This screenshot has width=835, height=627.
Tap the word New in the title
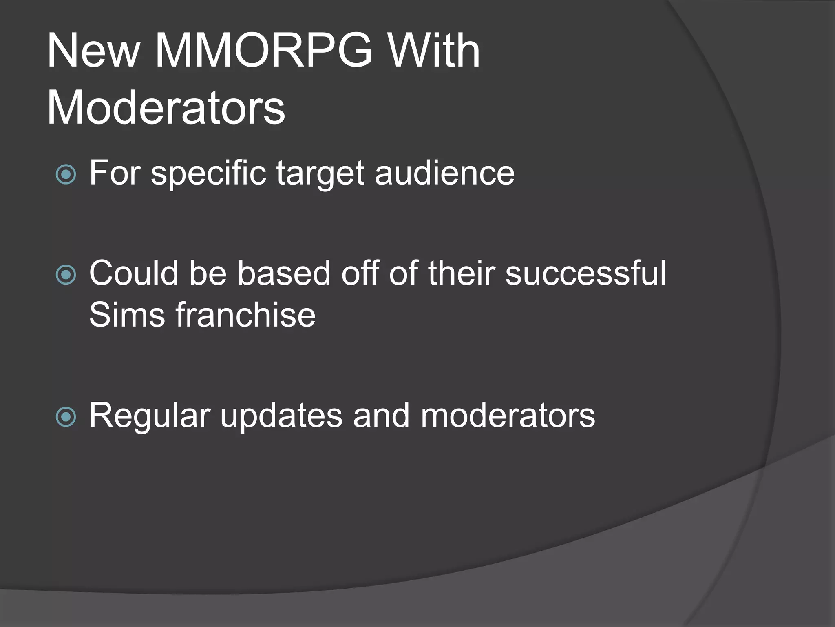pos(93,51)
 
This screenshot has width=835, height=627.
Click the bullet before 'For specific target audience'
pos(66,175)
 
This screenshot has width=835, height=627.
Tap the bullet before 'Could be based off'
pos(66,275)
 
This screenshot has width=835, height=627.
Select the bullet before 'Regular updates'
pos(66,417)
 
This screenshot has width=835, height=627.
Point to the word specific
pos(208,173)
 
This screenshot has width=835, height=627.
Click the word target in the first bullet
pos(320,173)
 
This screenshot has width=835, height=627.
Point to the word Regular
pos(150,416)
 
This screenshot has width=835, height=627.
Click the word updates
pos(281,416)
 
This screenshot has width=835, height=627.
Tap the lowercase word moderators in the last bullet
pos(508,416)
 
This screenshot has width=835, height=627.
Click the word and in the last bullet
pos(381,416)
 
